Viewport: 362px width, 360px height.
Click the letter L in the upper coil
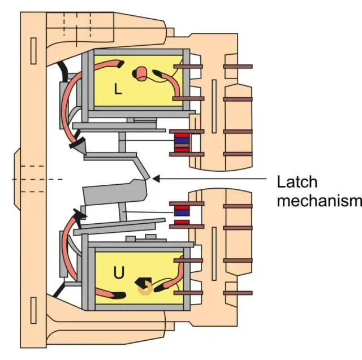point(118,88)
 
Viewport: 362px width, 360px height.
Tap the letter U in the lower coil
point(119,274)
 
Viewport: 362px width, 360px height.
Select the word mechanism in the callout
point(318,201)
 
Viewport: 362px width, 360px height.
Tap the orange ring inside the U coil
point(145,288)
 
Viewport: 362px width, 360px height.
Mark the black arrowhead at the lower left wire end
point(80,213)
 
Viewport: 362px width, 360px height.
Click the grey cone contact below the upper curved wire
point(80,146)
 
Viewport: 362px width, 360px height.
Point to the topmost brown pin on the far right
point(238,67)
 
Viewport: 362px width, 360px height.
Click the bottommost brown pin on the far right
point(238,293)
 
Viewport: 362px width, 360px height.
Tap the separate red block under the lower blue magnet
point(182,223)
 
